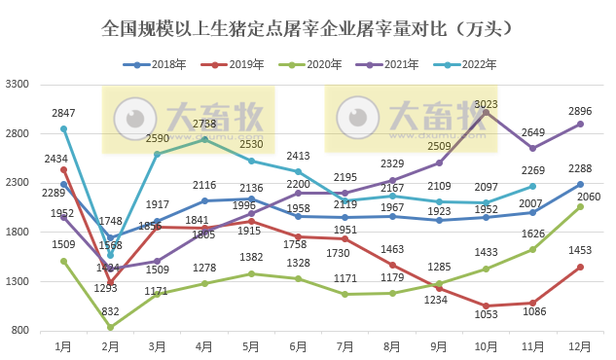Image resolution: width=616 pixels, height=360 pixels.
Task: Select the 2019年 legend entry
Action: click(231, 65)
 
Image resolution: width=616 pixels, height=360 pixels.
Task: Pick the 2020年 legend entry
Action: click(308, 65)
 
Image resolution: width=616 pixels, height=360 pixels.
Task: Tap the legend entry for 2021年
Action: click(385, 65)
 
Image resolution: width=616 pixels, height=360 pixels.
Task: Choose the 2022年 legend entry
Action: click(462, 65)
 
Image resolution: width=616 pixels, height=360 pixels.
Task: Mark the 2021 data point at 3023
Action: click(487, 112)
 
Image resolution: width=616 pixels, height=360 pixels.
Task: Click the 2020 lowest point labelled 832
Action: click(110, 327)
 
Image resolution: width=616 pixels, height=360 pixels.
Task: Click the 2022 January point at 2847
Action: click(63, 128)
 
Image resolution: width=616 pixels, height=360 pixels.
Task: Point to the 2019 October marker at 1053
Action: click(487, 306)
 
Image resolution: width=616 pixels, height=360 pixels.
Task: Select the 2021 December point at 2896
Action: click(580, 124)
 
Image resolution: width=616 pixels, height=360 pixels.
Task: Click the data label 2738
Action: click(204, 125)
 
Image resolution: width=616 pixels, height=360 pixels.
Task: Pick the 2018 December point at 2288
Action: click(580, 184)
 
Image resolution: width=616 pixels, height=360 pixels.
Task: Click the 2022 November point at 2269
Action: click(533, 186)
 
